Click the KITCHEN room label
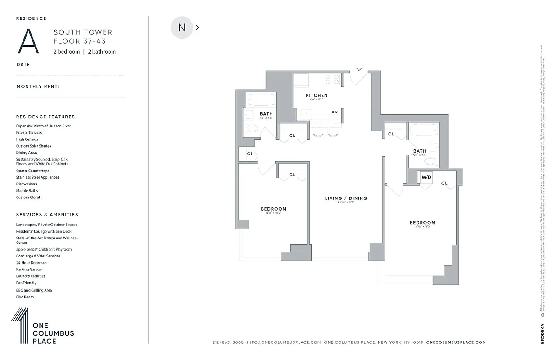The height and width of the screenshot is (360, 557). point(317,95)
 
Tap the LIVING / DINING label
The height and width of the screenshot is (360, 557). point(346,198)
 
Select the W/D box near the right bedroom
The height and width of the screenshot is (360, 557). point(426,177)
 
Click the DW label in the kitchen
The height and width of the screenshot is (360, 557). point(335,112)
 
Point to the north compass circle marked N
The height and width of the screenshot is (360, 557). point(182,27)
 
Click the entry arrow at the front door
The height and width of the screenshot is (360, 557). point(359,69)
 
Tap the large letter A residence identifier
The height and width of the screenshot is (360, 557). point(28,41)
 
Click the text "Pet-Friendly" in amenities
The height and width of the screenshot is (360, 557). point(26,283)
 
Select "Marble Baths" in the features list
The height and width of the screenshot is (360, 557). point(27,191)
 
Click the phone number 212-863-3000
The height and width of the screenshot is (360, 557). point(228,342)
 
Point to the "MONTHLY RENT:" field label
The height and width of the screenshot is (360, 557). point(38,86)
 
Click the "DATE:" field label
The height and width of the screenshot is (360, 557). point(24,65)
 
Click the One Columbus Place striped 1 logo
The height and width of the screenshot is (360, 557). point(20,326)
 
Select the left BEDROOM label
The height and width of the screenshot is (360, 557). point(273,209)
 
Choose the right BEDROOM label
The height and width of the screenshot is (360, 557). point(422,223)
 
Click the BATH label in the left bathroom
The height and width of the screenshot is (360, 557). point(266,114)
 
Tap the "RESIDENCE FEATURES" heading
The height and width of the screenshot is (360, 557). point(45,117)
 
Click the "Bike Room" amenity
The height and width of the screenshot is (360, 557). point(25,297)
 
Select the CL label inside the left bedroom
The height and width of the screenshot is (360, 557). point(292,175)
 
